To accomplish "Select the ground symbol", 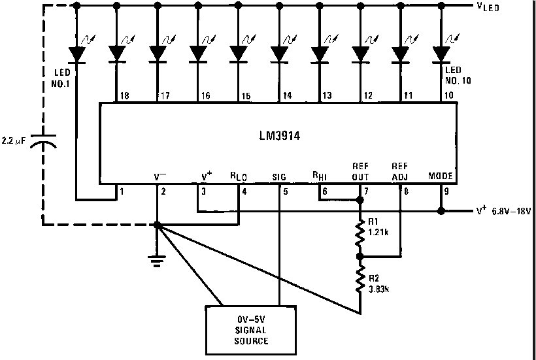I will click(x=157, y=261).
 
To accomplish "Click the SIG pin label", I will click(x=279, y=176).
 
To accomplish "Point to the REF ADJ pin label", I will click(x=399, y=172).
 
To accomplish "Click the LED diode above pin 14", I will click(x=278, y=53).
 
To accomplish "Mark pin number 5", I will click(x=285, y=191).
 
